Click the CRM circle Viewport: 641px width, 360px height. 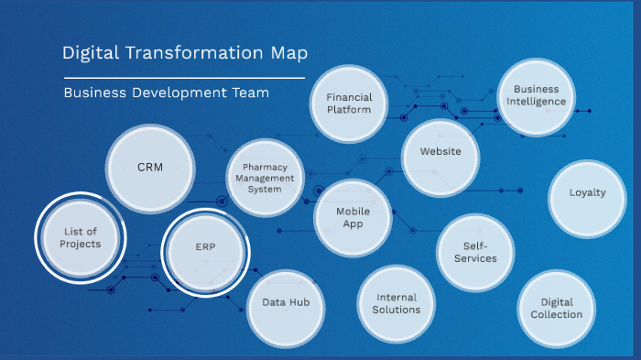click(x=150, y=168)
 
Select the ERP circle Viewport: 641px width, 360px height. click(x=205, y=248)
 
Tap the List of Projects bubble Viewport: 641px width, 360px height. click(x=80, y=238)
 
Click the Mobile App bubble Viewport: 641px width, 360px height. click(x=353, y=217)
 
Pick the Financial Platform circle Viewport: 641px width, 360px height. click(x=349, y=103)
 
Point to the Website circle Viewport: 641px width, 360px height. click(x=440, y=152)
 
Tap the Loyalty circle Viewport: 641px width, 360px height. click(x=587, y=193)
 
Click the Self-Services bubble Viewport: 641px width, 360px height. click(x=474, y=252)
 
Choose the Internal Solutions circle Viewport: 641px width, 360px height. click(x=397, y=303)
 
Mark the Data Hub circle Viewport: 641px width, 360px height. click(x=285, y=302)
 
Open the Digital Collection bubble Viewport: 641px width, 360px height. click(x=556, y=309)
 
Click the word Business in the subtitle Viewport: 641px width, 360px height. click(x=93, y=93)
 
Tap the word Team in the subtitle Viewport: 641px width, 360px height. click(x=251, y=93)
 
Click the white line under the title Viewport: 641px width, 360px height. click(x=183, y=78)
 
